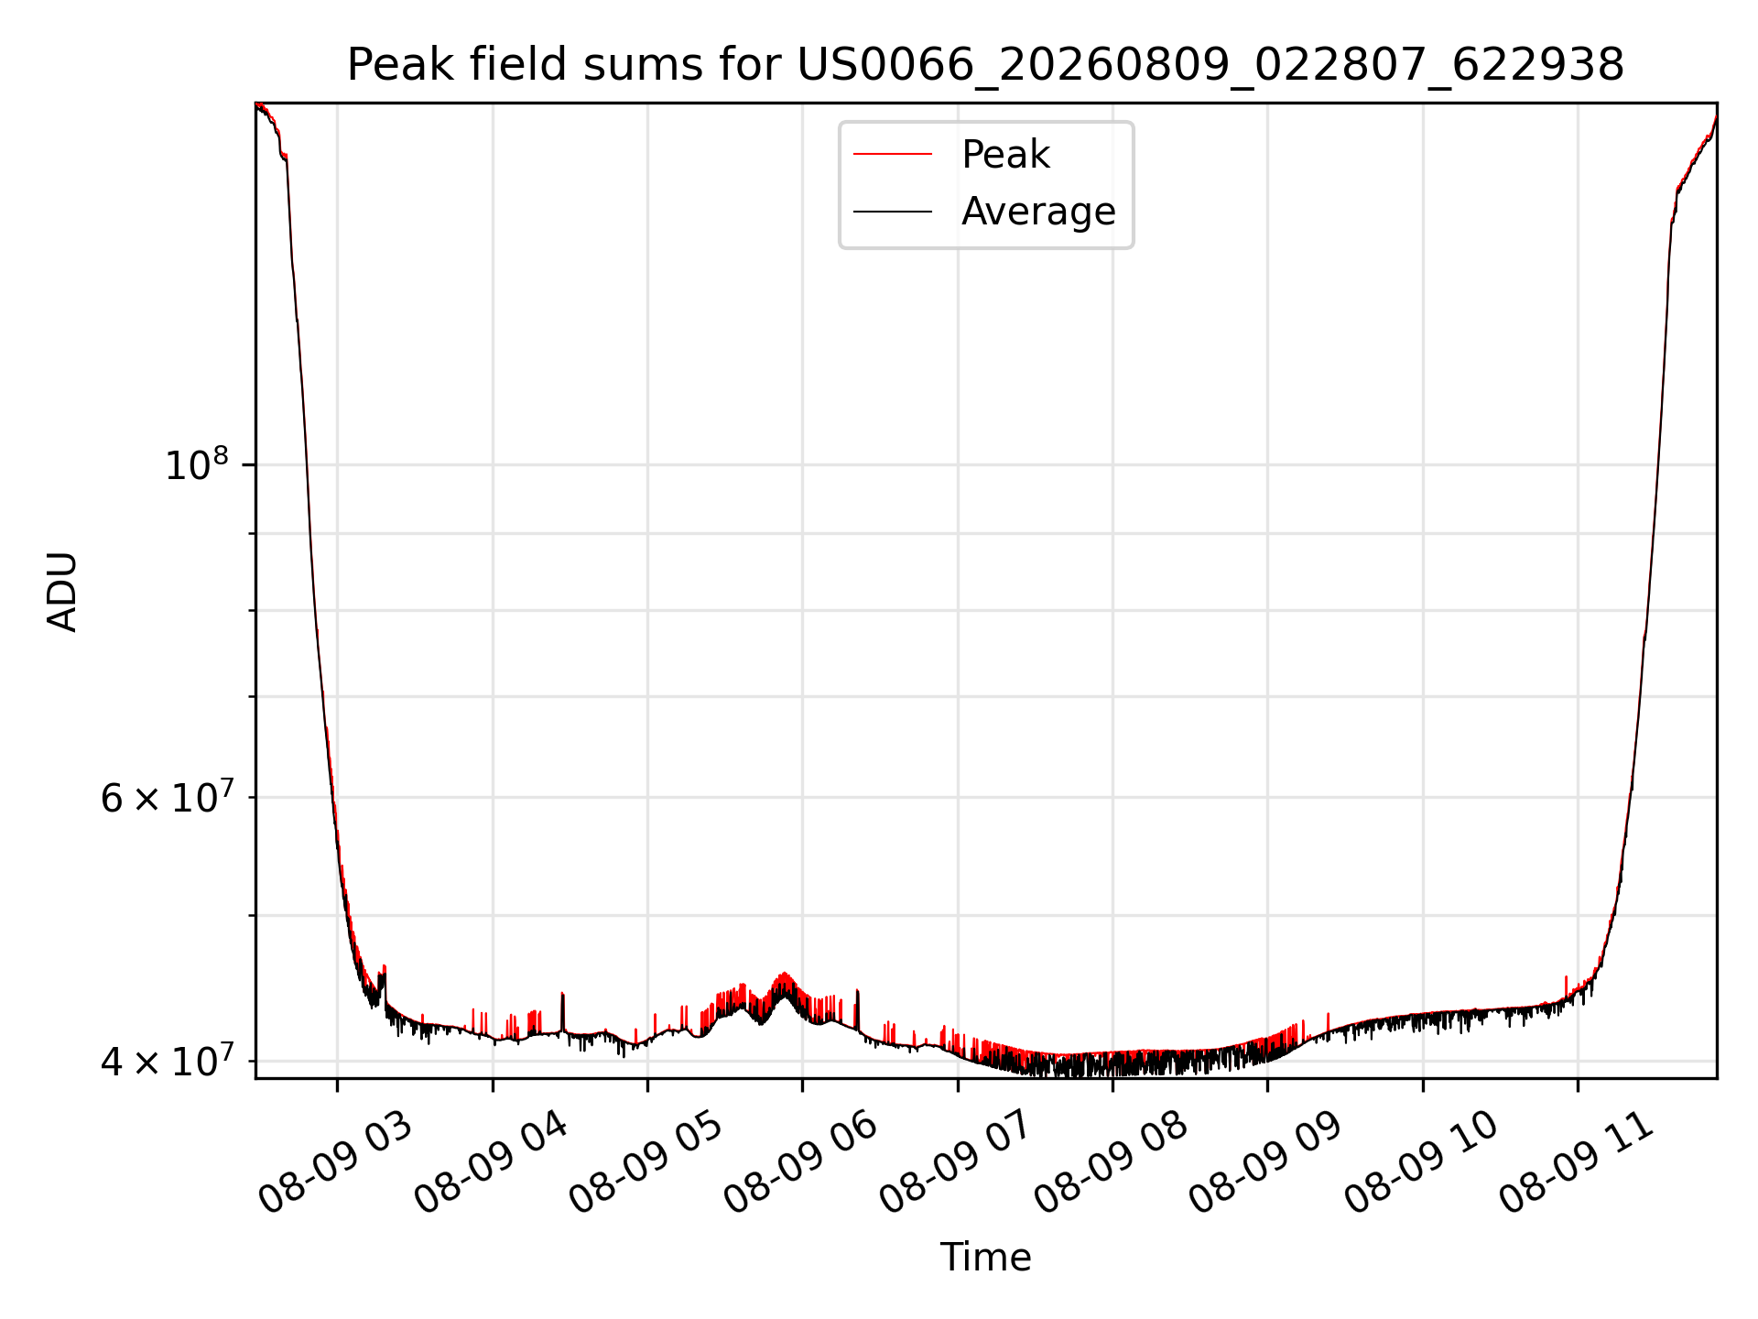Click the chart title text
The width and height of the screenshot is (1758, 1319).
(x=985, y=65)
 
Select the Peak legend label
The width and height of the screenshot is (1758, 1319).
(x=1005, y=155)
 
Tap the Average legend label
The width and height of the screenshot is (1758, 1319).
(x=1038, y=212)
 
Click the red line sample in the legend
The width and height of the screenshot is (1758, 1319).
(x=893, y=155)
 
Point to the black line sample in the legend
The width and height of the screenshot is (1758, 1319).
(x=893, y=212)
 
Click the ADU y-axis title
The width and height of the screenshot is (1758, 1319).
(x=62, y=592)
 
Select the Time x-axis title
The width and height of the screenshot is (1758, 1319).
(x=985, y=1258)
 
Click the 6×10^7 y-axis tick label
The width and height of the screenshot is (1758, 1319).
(x=167, y=798)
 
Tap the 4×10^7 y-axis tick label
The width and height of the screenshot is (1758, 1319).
(x=167, y=1062)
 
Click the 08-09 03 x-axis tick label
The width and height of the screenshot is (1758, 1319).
(x=335, y=1163)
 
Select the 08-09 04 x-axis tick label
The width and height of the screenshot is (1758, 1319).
(x=491, y=1163)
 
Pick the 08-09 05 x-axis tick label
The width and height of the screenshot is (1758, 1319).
(x=646, y=1163)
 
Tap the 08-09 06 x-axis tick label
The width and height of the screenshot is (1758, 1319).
(x=800, y=1163)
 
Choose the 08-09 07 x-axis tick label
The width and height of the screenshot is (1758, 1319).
(x=956, y=1163)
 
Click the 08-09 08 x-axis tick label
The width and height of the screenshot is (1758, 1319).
(x=1111, y=1163)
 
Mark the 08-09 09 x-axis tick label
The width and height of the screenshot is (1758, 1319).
(x=1265, y=1163)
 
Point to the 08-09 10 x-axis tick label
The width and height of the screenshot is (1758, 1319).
(x=1421, y=1163)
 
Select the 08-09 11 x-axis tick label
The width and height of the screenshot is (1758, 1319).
(x=1576, y=1163)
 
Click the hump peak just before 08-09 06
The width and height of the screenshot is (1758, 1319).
(x=785, y=975)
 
